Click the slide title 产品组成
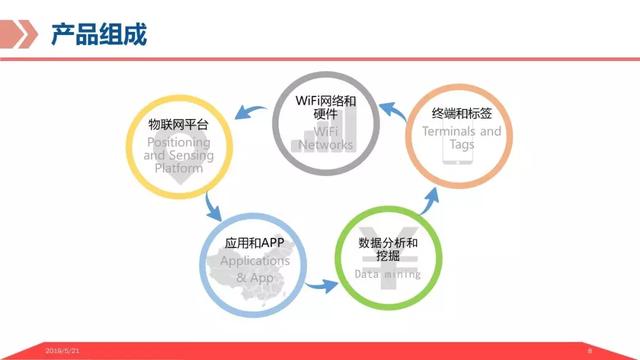coord(98,35)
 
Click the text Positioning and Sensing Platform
coord(177,156)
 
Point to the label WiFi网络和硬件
coord(326,107)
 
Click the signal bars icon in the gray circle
coord(304,140)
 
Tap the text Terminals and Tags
coord(461,138)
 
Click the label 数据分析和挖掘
coord(388,250)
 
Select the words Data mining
coord(388,274)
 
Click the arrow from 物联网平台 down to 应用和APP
coord(212,206)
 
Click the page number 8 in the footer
coord(590,351)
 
